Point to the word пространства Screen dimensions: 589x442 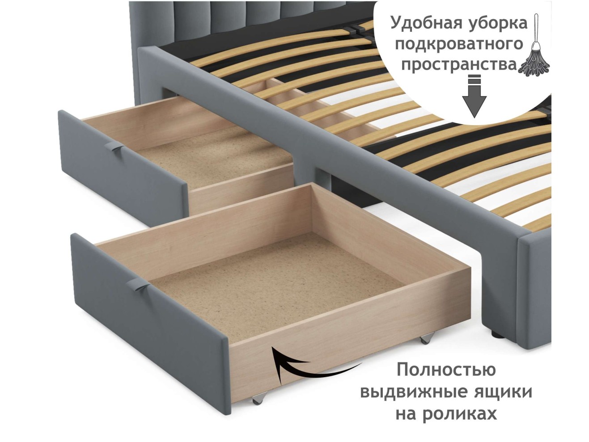coord(459,65)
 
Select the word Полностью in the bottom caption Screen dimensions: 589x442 coord(446,370)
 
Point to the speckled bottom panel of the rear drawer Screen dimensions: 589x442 coord(215,158)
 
